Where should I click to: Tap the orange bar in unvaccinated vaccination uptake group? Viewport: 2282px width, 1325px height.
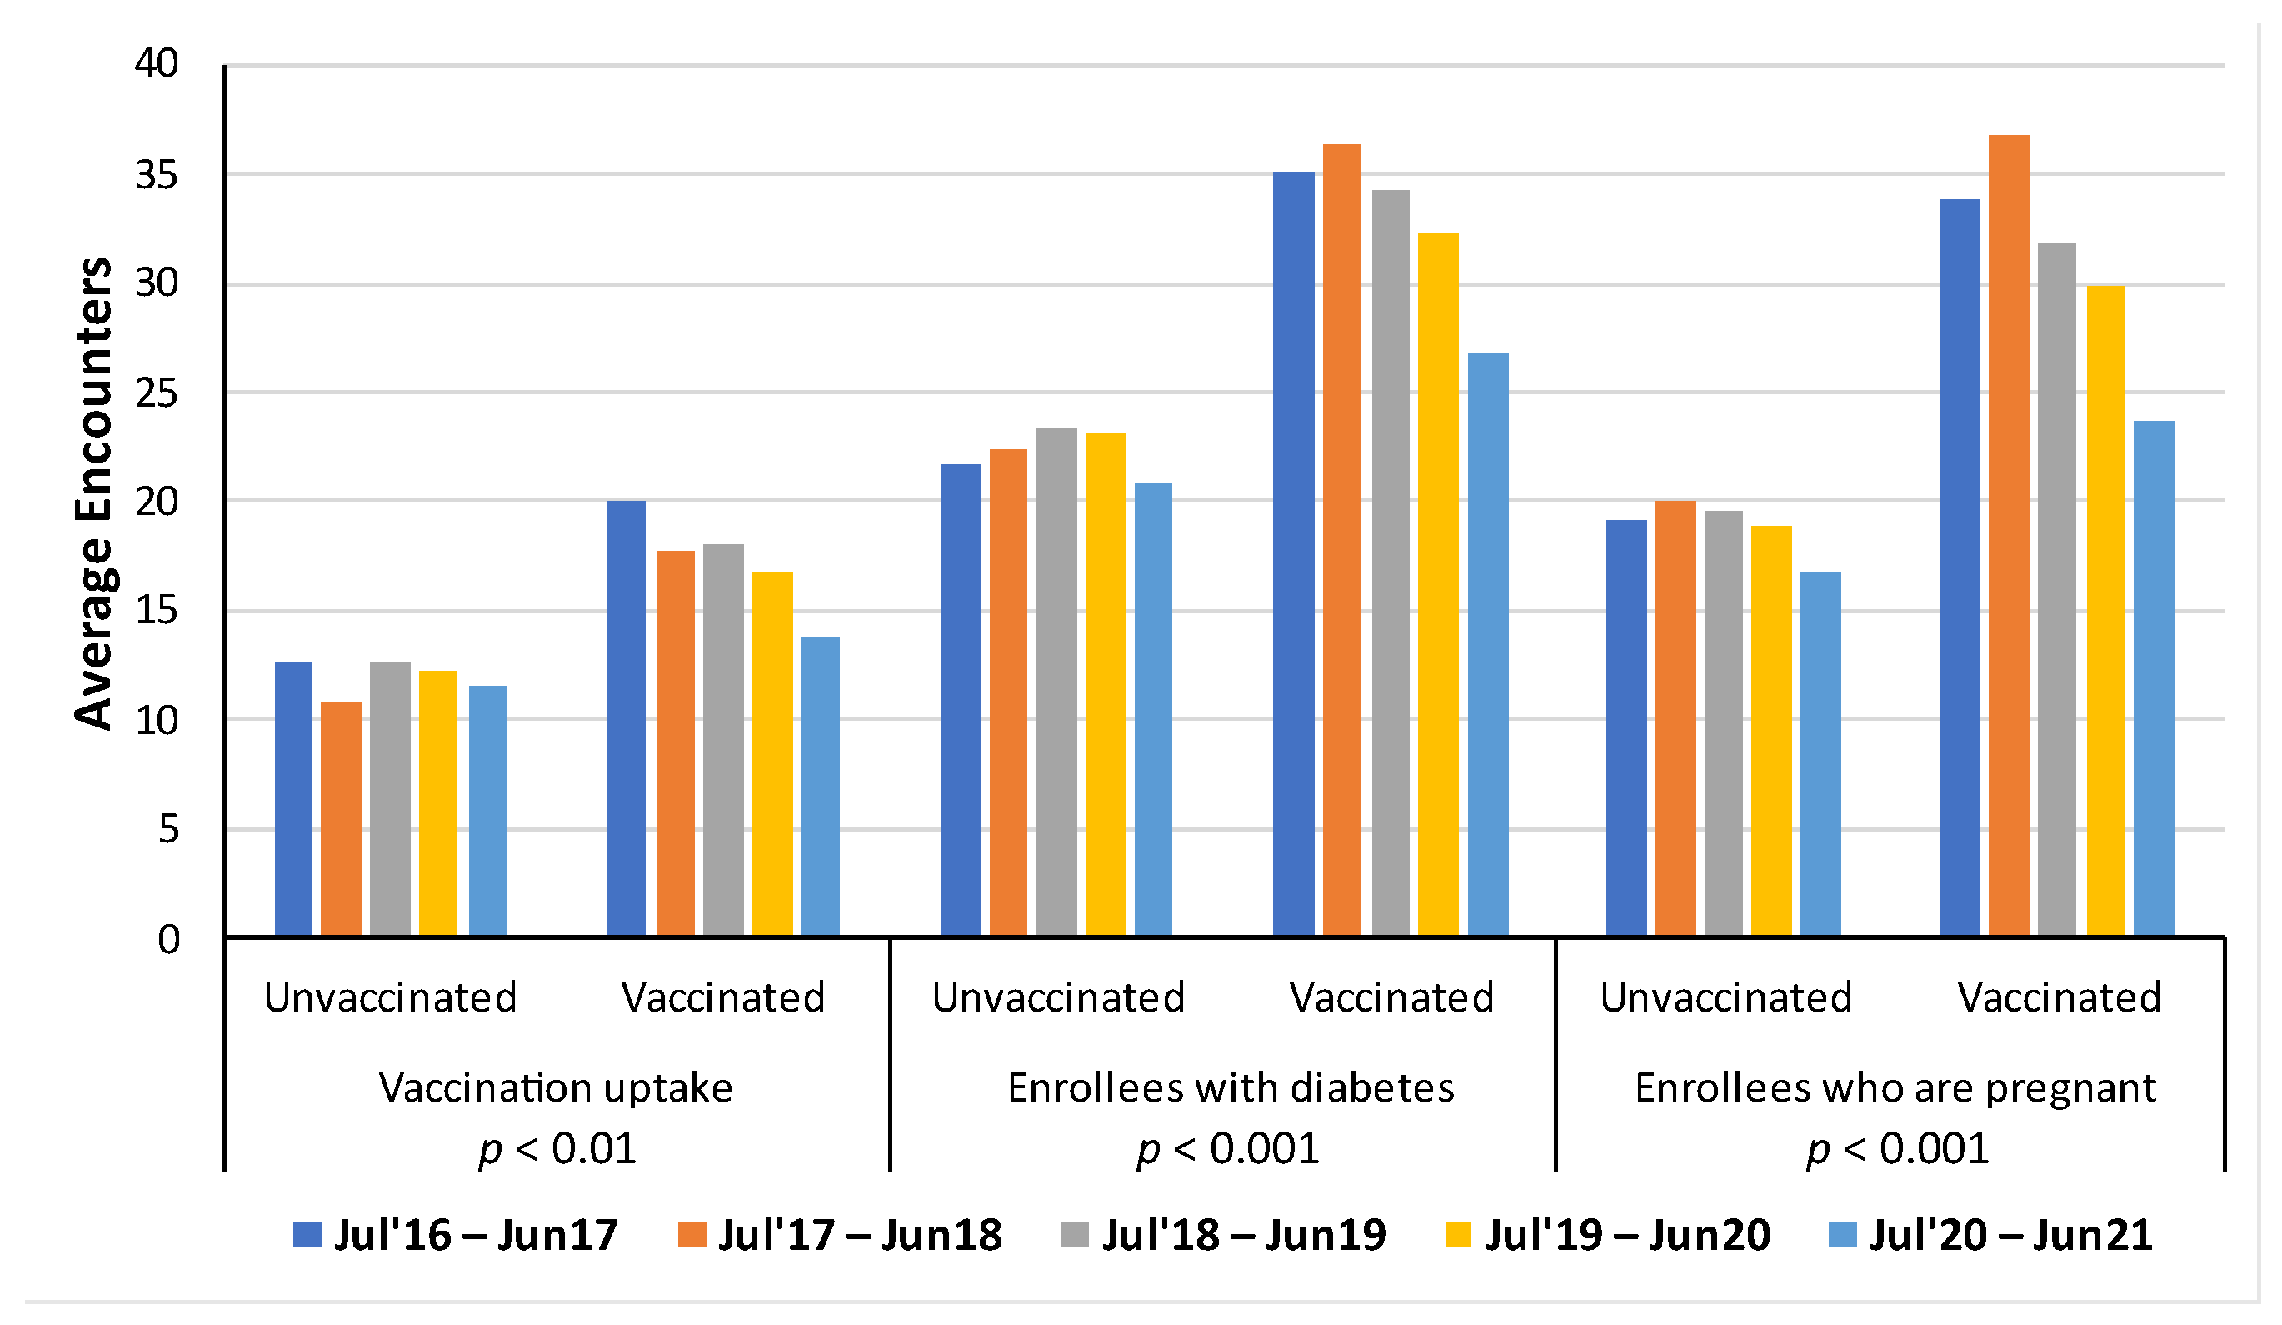(x=342, y=821)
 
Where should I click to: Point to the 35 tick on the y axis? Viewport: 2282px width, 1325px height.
(x=157, y=175)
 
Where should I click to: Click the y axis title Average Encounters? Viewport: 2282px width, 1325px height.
(x=94, y=493)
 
